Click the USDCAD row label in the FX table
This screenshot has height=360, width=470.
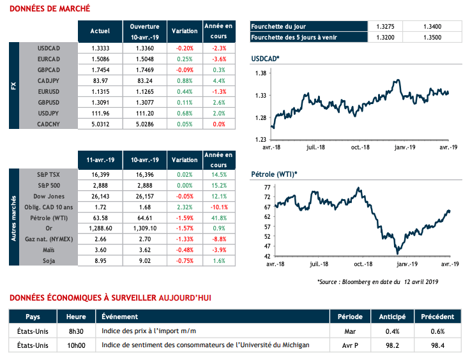(x=49, y=48)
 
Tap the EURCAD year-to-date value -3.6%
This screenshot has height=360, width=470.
(x=218, y=58)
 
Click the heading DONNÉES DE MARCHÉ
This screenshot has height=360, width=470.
(x=49, y=9)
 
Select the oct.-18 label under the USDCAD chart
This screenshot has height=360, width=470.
(x=360, y=147)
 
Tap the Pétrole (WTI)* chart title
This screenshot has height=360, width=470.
(x=275, y=174)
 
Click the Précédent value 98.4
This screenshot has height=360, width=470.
(x=437, y=345)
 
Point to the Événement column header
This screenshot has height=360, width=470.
(x=117, y=317)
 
